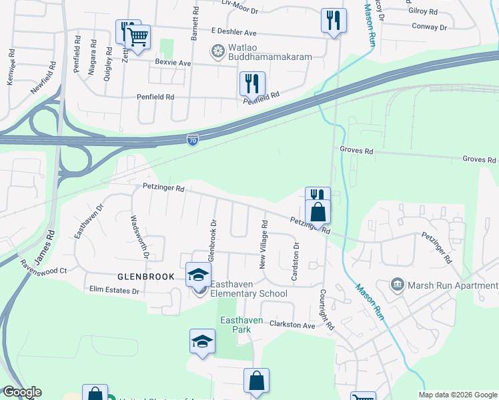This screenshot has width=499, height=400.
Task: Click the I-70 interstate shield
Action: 192,140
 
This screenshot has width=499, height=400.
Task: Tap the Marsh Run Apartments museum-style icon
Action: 398,285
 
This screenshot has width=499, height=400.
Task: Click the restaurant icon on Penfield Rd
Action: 252,83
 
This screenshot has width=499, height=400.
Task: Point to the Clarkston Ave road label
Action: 292,325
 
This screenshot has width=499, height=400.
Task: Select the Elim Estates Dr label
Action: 114,291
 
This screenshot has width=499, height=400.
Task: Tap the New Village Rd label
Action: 264,237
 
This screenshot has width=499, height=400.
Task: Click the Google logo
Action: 22,392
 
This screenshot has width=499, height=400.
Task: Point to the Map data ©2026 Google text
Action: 458,394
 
